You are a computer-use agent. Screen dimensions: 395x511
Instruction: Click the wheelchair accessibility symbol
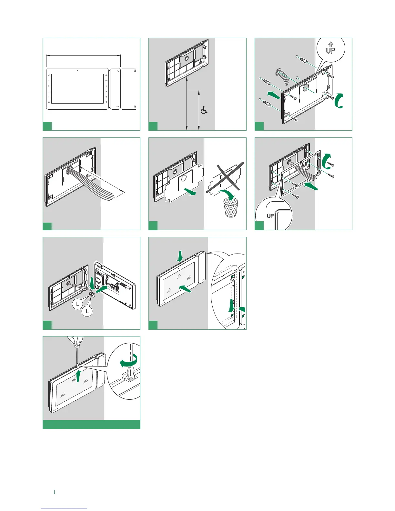pos(204,110)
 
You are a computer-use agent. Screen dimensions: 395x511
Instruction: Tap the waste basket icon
pos(231,207)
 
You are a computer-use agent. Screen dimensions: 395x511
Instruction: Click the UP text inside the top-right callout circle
pos(330,50)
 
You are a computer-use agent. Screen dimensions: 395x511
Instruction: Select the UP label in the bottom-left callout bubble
pos(270,216)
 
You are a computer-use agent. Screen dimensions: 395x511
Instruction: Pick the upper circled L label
pos(78,304)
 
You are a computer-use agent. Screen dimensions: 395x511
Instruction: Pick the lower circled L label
pos(87,311)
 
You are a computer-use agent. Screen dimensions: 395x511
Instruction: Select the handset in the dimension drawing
pos(116,88)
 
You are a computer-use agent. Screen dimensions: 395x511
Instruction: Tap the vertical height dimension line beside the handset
pos(135,89)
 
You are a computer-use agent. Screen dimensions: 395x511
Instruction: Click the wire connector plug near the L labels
pos(91,294)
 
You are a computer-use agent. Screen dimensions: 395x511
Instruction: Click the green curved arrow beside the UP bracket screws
pos(339,100)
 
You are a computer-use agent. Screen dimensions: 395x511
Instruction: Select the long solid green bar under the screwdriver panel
pos(91,424)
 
